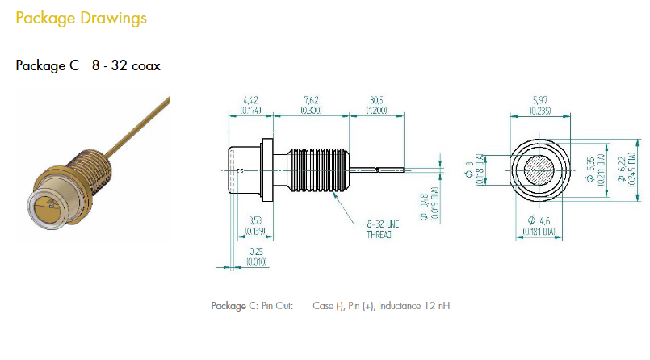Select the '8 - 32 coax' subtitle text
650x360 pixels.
124,65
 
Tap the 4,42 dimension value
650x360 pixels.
250,100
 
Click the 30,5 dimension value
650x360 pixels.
376,100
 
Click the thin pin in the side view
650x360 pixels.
388,170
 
